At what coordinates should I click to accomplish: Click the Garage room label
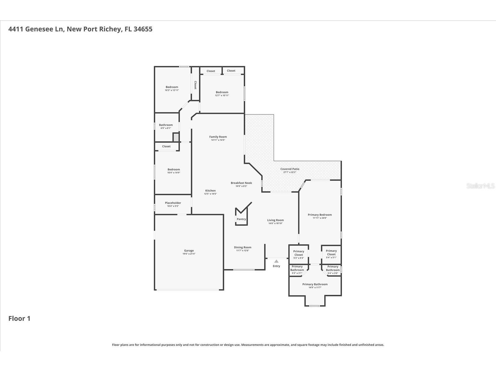pyautogui.click(x=189, y=250)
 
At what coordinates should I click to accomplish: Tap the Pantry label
pyautogui.click(x=241, y=219)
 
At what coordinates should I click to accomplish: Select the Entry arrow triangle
pyautogui.click(x=276, y=261)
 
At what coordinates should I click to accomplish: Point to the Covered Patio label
pyautogui.click(x=290, y=169)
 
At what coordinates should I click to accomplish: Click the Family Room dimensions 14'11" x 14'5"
pyautogui.click(x=218, y=140)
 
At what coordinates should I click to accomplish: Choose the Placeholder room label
pyautogui.click(x=173, y=203)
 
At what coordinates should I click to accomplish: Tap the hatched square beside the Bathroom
pyautogui.click(x=176, y=137)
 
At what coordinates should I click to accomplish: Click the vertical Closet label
pyautogui.click(x=195, y=85)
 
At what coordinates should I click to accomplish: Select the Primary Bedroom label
pyautogui.click(x=320, y=215)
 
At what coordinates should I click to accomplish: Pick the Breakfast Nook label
pyautogui.click(x=241, y=183)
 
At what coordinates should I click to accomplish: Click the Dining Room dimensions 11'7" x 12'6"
pyautogui.click(x=243, y=250)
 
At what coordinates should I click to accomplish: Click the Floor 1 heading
pyautogui.click(x=19, y=318)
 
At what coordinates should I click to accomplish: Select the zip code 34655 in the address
pyautogui.click(x=143, y=29)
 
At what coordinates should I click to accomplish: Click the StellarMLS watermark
pyautogui.click(x=480, y=186)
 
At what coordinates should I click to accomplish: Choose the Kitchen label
pyautogui.click(x=210, y=191)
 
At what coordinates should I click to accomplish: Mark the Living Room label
pyautogui.click(x=275, y=220)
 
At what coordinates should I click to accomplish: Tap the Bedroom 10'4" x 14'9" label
pyautogui.click(x=174, y=170)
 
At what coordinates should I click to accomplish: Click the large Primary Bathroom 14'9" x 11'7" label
pyautogui.click(x=315, y=284)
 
